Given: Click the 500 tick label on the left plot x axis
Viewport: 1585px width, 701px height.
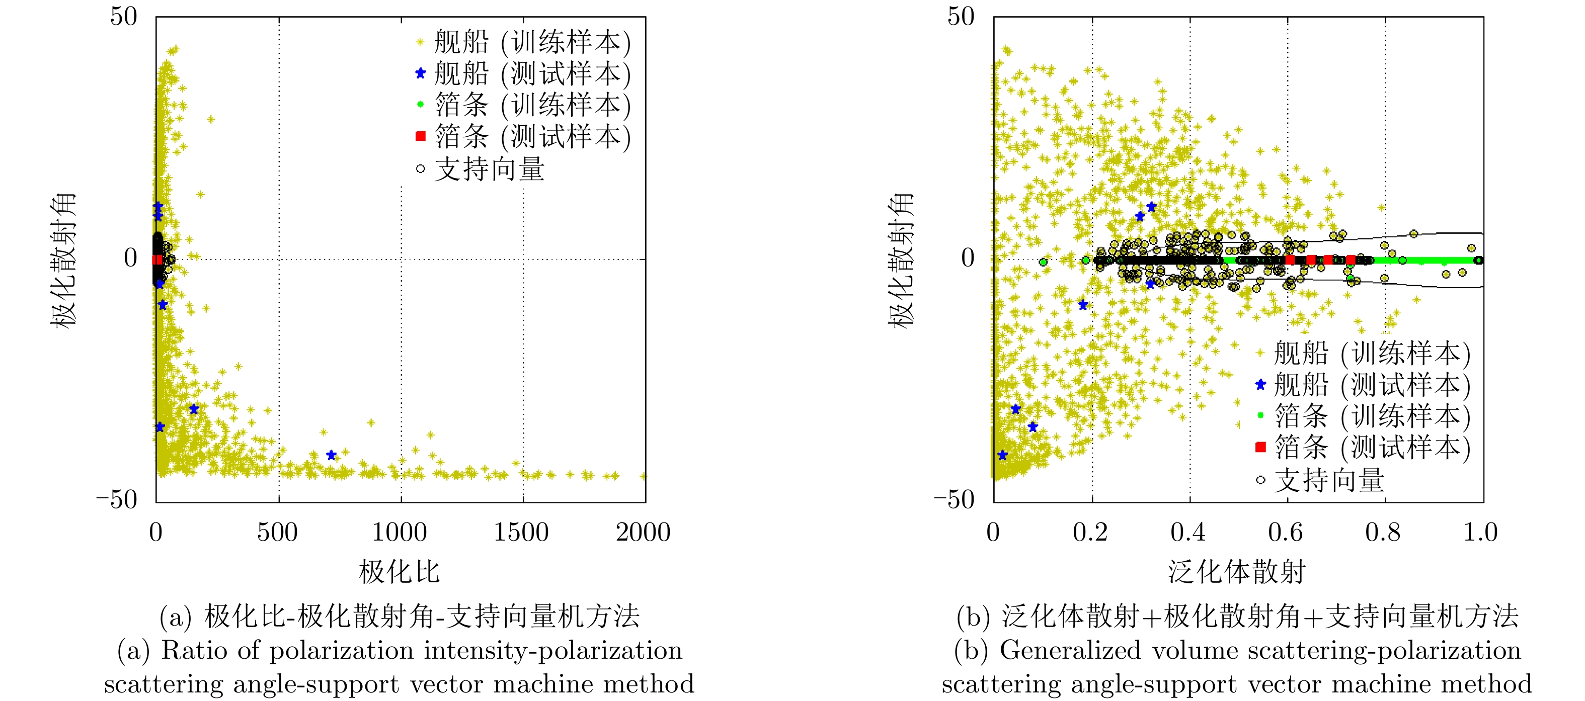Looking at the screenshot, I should pos(277,533).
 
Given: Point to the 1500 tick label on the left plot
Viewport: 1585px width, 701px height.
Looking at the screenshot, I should pos(521,533).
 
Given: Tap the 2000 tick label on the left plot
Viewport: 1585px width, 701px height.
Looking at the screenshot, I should pos(643,533).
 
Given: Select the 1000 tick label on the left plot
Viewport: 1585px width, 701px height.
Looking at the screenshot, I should pos(400,533).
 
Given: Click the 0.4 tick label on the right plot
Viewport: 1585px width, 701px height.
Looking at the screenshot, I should pos(1188,533).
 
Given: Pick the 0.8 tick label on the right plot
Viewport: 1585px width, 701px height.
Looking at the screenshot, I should pos(1383,533).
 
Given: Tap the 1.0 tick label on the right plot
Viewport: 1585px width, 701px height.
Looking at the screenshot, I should pos(1480,533).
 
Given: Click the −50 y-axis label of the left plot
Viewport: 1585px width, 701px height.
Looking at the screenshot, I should pos(117,499).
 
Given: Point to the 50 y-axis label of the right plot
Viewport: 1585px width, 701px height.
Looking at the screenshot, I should pos(961,17).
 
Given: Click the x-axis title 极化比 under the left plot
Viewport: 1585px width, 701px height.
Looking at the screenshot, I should pos(400,572).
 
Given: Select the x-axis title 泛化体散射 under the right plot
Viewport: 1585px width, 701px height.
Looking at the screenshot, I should pos(1237,572).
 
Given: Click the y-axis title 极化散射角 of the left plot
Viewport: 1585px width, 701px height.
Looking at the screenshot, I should pos(63,259).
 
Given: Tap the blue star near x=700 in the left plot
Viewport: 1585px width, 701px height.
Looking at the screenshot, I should pos(331,456).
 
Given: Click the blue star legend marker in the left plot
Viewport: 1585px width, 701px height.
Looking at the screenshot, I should pos(420,74).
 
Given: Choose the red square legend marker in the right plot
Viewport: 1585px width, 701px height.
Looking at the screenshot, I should pos(1260,447).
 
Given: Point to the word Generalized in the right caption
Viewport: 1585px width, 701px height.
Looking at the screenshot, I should pos(1070,651).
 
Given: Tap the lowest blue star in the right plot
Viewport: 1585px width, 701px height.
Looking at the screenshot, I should pos(1002,456).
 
